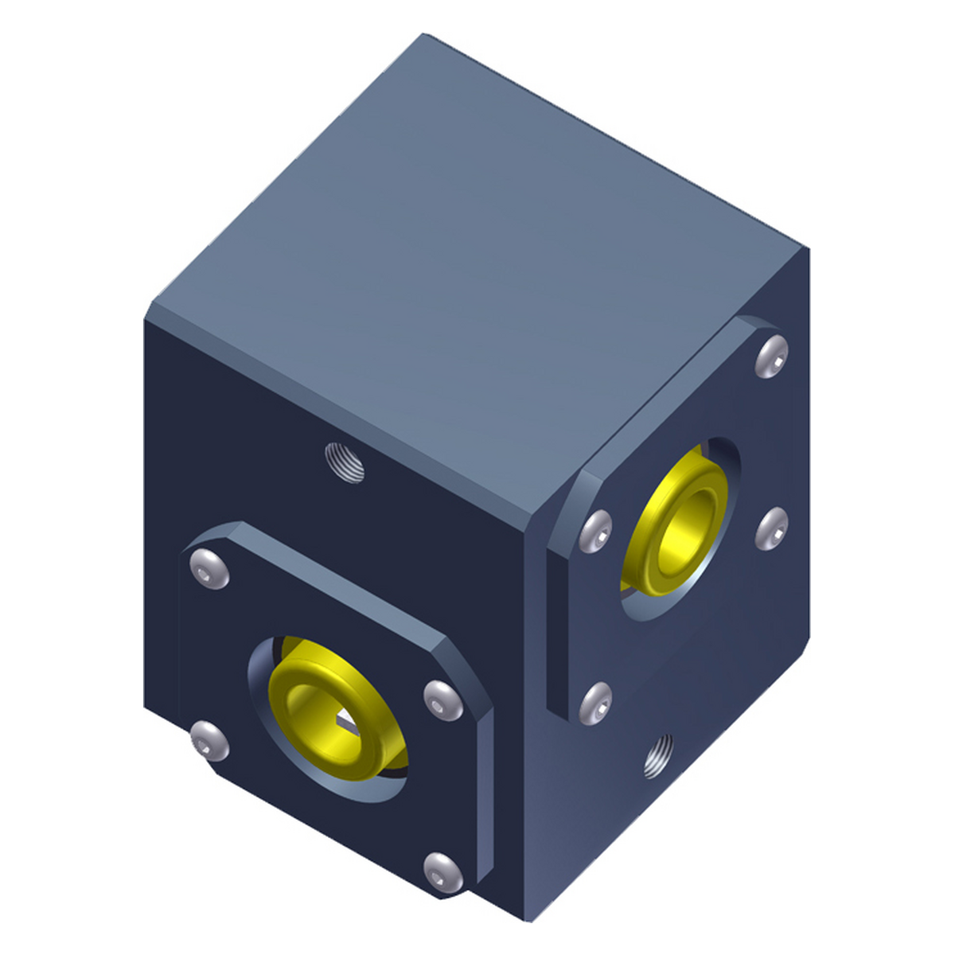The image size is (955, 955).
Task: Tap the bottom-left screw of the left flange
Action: click(210, 742)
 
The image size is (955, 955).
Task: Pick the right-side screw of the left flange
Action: click(443, 700)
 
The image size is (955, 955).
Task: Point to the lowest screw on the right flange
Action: click(597, 704)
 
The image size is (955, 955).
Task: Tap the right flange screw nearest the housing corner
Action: click(597, 531)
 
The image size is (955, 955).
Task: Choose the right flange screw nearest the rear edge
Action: click(771, 528)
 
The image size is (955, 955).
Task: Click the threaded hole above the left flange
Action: click(345, 462)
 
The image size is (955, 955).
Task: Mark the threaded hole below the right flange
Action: click(657, 756)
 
